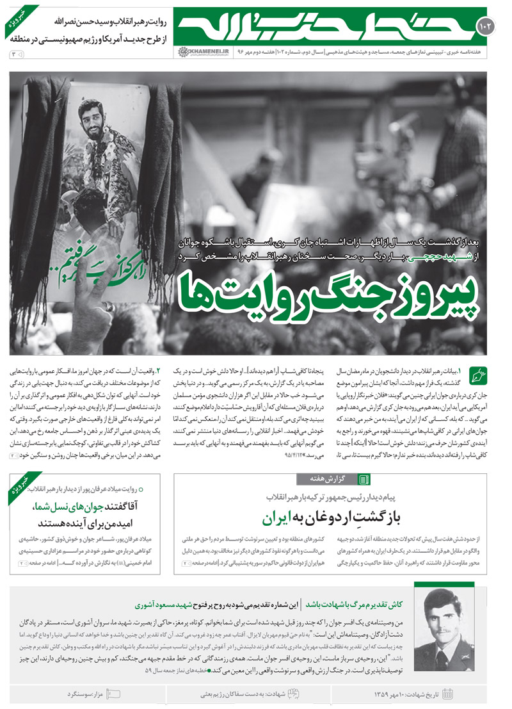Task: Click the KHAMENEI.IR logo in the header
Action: point(198,51)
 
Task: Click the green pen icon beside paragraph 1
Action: point(478,373)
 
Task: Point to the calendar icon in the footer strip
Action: point(447,694)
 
